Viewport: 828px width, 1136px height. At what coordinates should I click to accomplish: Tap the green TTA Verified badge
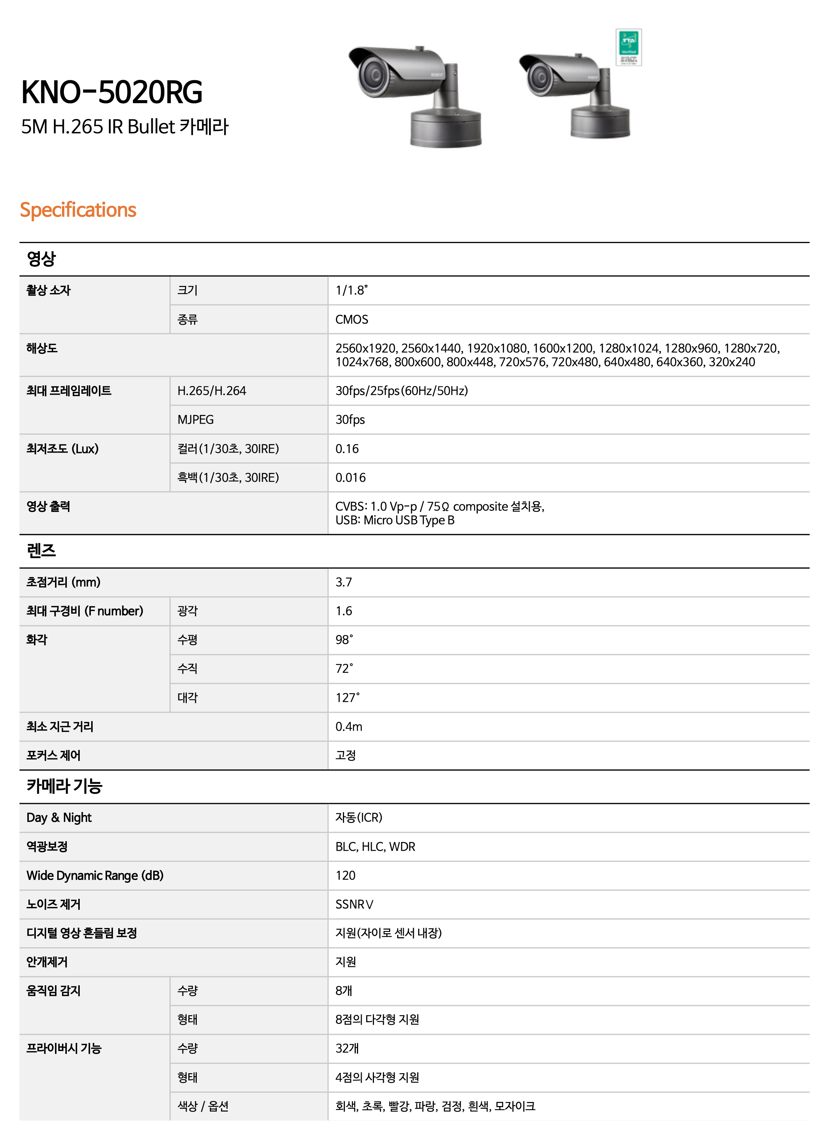coord(629,47)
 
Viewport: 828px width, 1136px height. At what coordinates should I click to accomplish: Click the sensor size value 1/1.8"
coord(351,290)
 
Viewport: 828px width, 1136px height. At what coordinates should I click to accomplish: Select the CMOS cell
coord(351,320)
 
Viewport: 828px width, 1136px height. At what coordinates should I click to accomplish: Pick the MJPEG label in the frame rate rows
coord(196,420)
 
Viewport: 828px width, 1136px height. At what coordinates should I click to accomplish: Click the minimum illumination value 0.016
coord(350,477)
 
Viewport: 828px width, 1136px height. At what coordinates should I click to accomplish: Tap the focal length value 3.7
coord(343,582)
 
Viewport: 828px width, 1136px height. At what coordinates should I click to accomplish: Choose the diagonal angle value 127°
coord(347,697)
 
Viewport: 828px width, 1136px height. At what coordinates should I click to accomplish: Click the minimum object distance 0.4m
coord(348,727)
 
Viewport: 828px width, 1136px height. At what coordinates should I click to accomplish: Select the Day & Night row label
coord(59,818)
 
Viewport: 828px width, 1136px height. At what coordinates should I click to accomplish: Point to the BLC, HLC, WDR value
coord(375,847)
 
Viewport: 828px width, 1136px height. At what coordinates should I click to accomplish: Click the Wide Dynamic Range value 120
coord(345,876)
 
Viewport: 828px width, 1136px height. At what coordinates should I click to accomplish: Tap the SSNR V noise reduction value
coord(354,904)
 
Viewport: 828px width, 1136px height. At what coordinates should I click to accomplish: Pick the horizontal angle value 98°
coord(344,640)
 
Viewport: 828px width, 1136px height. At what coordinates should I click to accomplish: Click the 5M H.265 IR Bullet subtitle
coord(124,126)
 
